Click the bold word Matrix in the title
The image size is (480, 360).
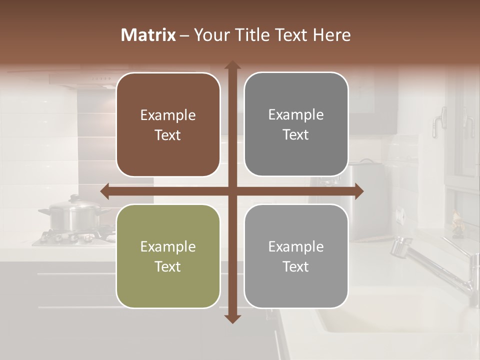tap(148, 35)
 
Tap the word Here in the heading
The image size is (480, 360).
tap(332, 35)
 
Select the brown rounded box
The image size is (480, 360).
tap(168, 125)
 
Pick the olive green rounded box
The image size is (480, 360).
tap(168, 256)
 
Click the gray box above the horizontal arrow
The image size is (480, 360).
tap(296, 124)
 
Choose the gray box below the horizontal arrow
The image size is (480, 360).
tap(296, 256)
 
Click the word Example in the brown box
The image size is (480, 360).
tap(168, 115)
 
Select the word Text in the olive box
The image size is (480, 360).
tap(168, 266)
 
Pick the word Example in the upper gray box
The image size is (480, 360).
tap(296, 115)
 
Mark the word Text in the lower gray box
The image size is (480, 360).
tap(296, 266)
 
